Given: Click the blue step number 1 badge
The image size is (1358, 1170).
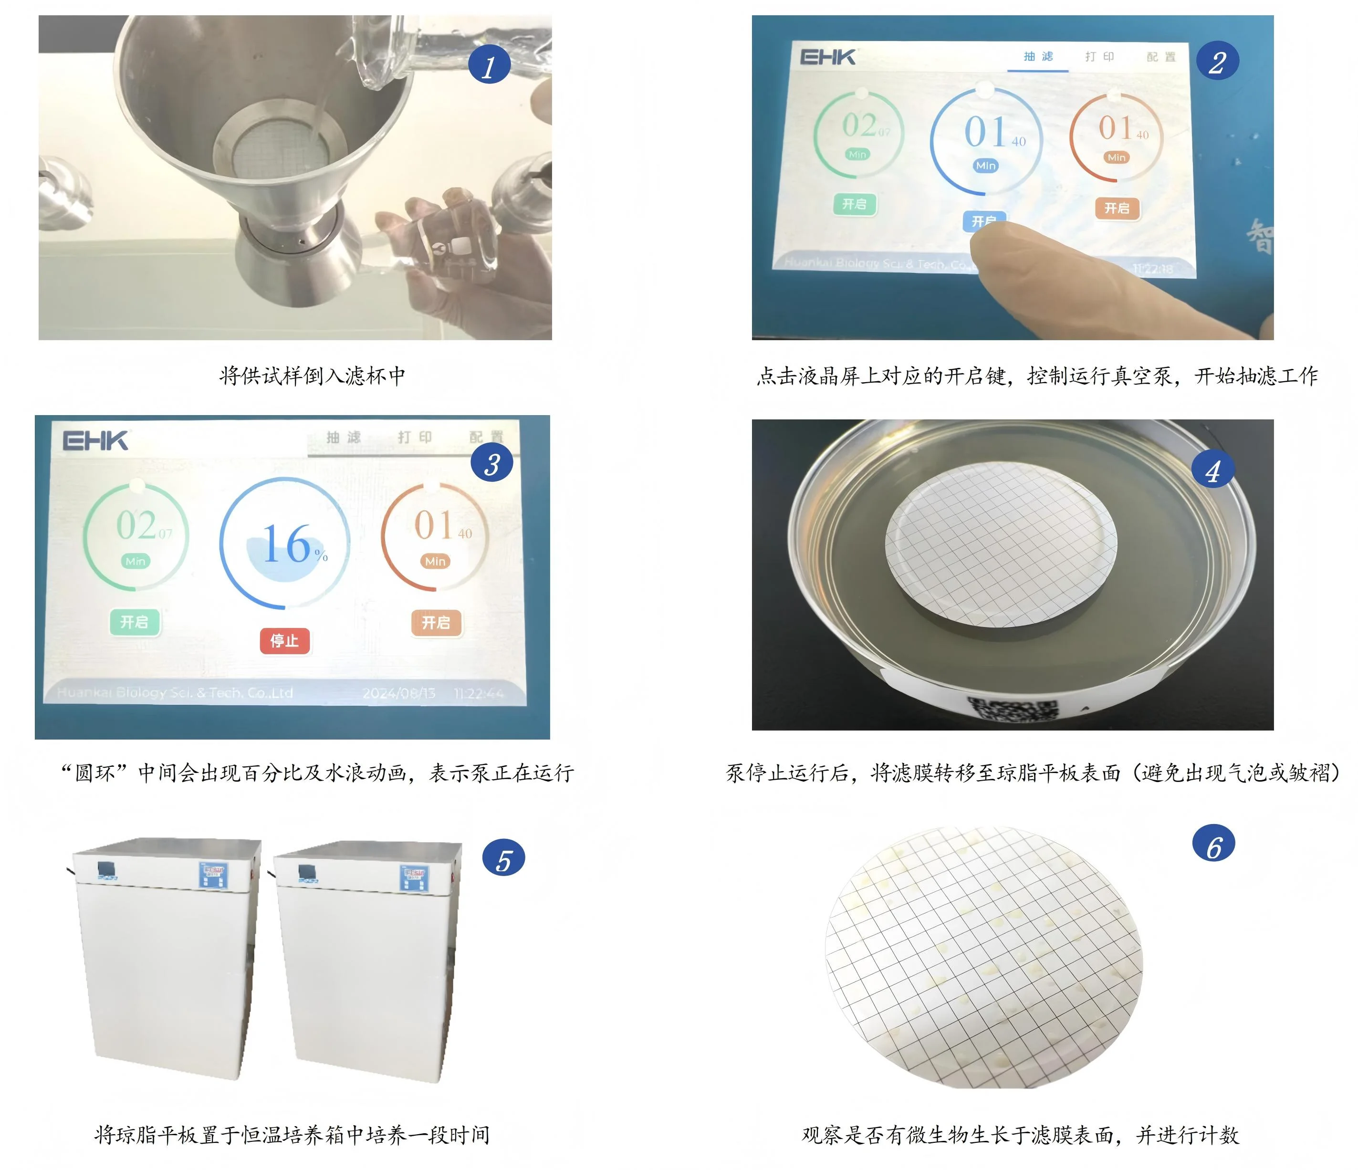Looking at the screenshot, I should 489,65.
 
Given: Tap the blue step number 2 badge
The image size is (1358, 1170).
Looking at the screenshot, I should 1217,61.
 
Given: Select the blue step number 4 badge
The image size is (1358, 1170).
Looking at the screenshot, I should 1212,470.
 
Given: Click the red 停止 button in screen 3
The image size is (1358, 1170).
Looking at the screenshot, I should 284,640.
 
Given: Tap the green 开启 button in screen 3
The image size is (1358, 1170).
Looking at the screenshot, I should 135,621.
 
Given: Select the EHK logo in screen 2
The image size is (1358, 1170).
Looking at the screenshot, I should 828,57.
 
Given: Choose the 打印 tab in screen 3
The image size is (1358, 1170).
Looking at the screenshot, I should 414,437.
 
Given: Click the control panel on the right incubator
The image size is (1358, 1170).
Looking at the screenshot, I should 414,877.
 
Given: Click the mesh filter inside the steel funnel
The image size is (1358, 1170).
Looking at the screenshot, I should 279,151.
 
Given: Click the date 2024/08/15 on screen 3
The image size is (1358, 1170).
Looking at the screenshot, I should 398,693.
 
